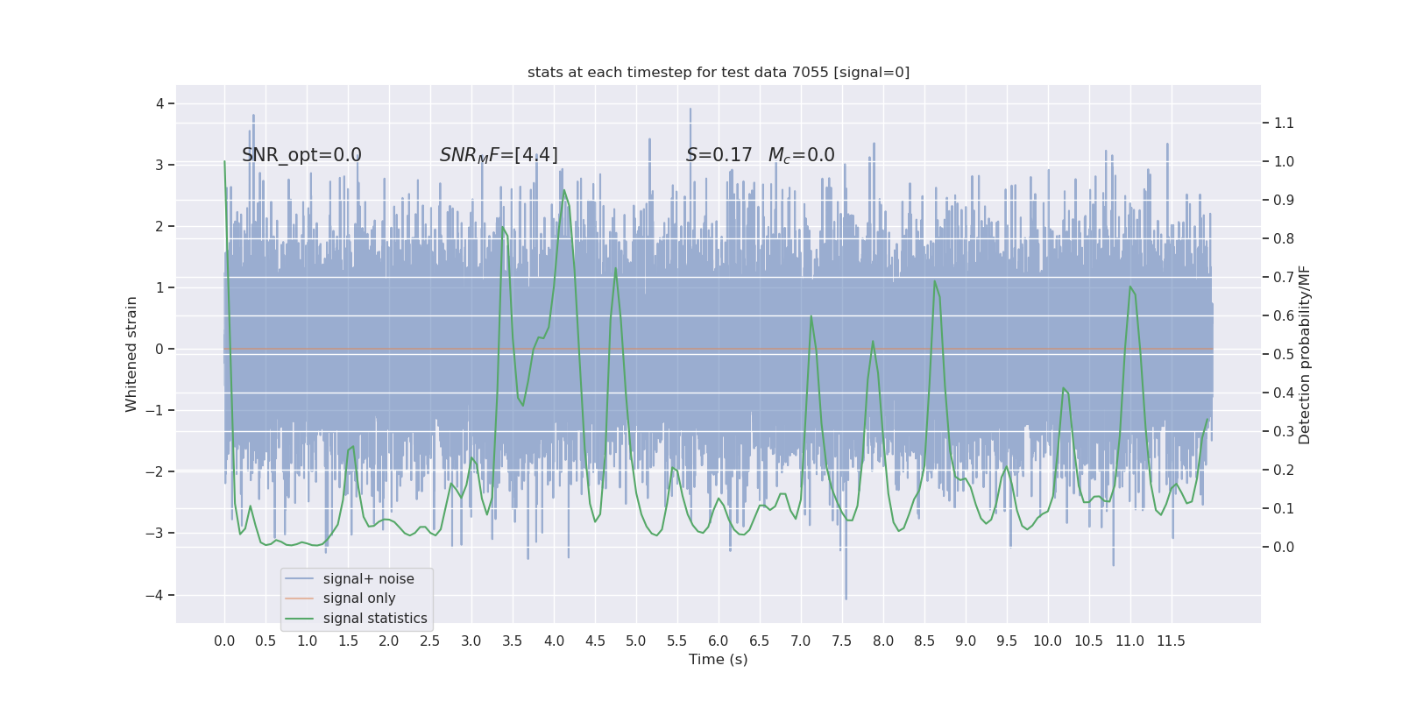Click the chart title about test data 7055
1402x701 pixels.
click(719, 73)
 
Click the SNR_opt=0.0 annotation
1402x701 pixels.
click(301, 155)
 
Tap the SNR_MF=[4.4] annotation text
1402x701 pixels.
click(499, 155)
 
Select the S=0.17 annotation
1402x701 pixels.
click(719, 155)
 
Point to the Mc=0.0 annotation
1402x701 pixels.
click(801, 155)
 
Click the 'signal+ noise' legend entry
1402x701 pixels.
click(368, 579)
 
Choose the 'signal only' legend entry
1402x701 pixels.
click(359, 598)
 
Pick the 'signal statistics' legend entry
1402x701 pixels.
click(375, 619)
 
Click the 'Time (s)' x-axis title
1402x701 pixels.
click(719, 660)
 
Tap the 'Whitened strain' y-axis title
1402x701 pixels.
click(131, 354)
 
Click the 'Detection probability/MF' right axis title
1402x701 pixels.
click(1305, 354)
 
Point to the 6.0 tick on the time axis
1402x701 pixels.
click(719, 641)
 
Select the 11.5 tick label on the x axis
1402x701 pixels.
click(1171, 641)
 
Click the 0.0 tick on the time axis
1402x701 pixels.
click(224, 641)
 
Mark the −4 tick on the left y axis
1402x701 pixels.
click(159, 596)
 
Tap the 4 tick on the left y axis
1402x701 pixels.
click(160, 103)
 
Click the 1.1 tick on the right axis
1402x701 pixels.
click(1284, 123)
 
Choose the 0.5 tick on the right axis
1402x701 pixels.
click(1284, 354)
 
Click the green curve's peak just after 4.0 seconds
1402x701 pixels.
click(563, 190)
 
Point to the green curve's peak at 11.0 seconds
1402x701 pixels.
click(1130, 287)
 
